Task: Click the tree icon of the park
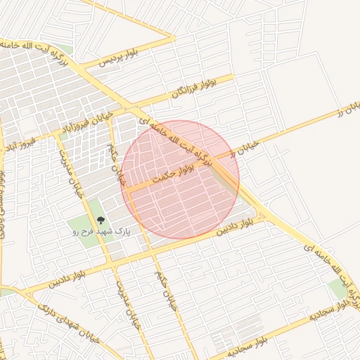coord(100,220)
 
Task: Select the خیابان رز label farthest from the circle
coord(347,110)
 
